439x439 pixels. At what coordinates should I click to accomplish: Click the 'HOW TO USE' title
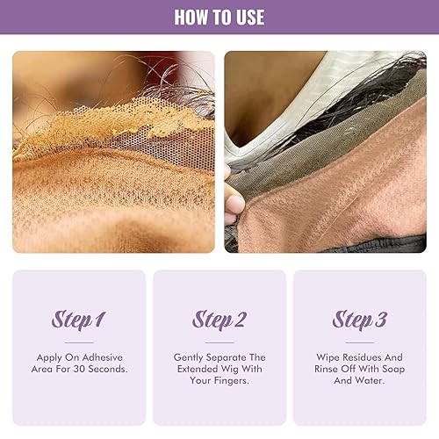[219, 17]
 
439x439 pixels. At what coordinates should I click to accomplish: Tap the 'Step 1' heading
[79, 320]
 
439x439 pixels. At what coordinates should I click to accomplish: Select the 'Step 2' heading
[219, 320]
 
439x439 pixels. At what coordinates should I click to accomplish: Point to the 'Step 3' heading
[359, 320]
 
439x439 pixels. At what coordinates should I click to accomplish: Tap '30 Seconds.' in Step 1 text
[104, 370]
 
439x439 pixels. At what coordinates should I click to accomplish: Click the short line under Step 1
[79, 342]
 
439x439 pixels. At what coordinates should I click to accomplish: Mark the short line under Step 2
[219, 342]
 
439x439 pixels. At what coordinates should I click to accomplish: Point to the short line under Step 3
[359, 342]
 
